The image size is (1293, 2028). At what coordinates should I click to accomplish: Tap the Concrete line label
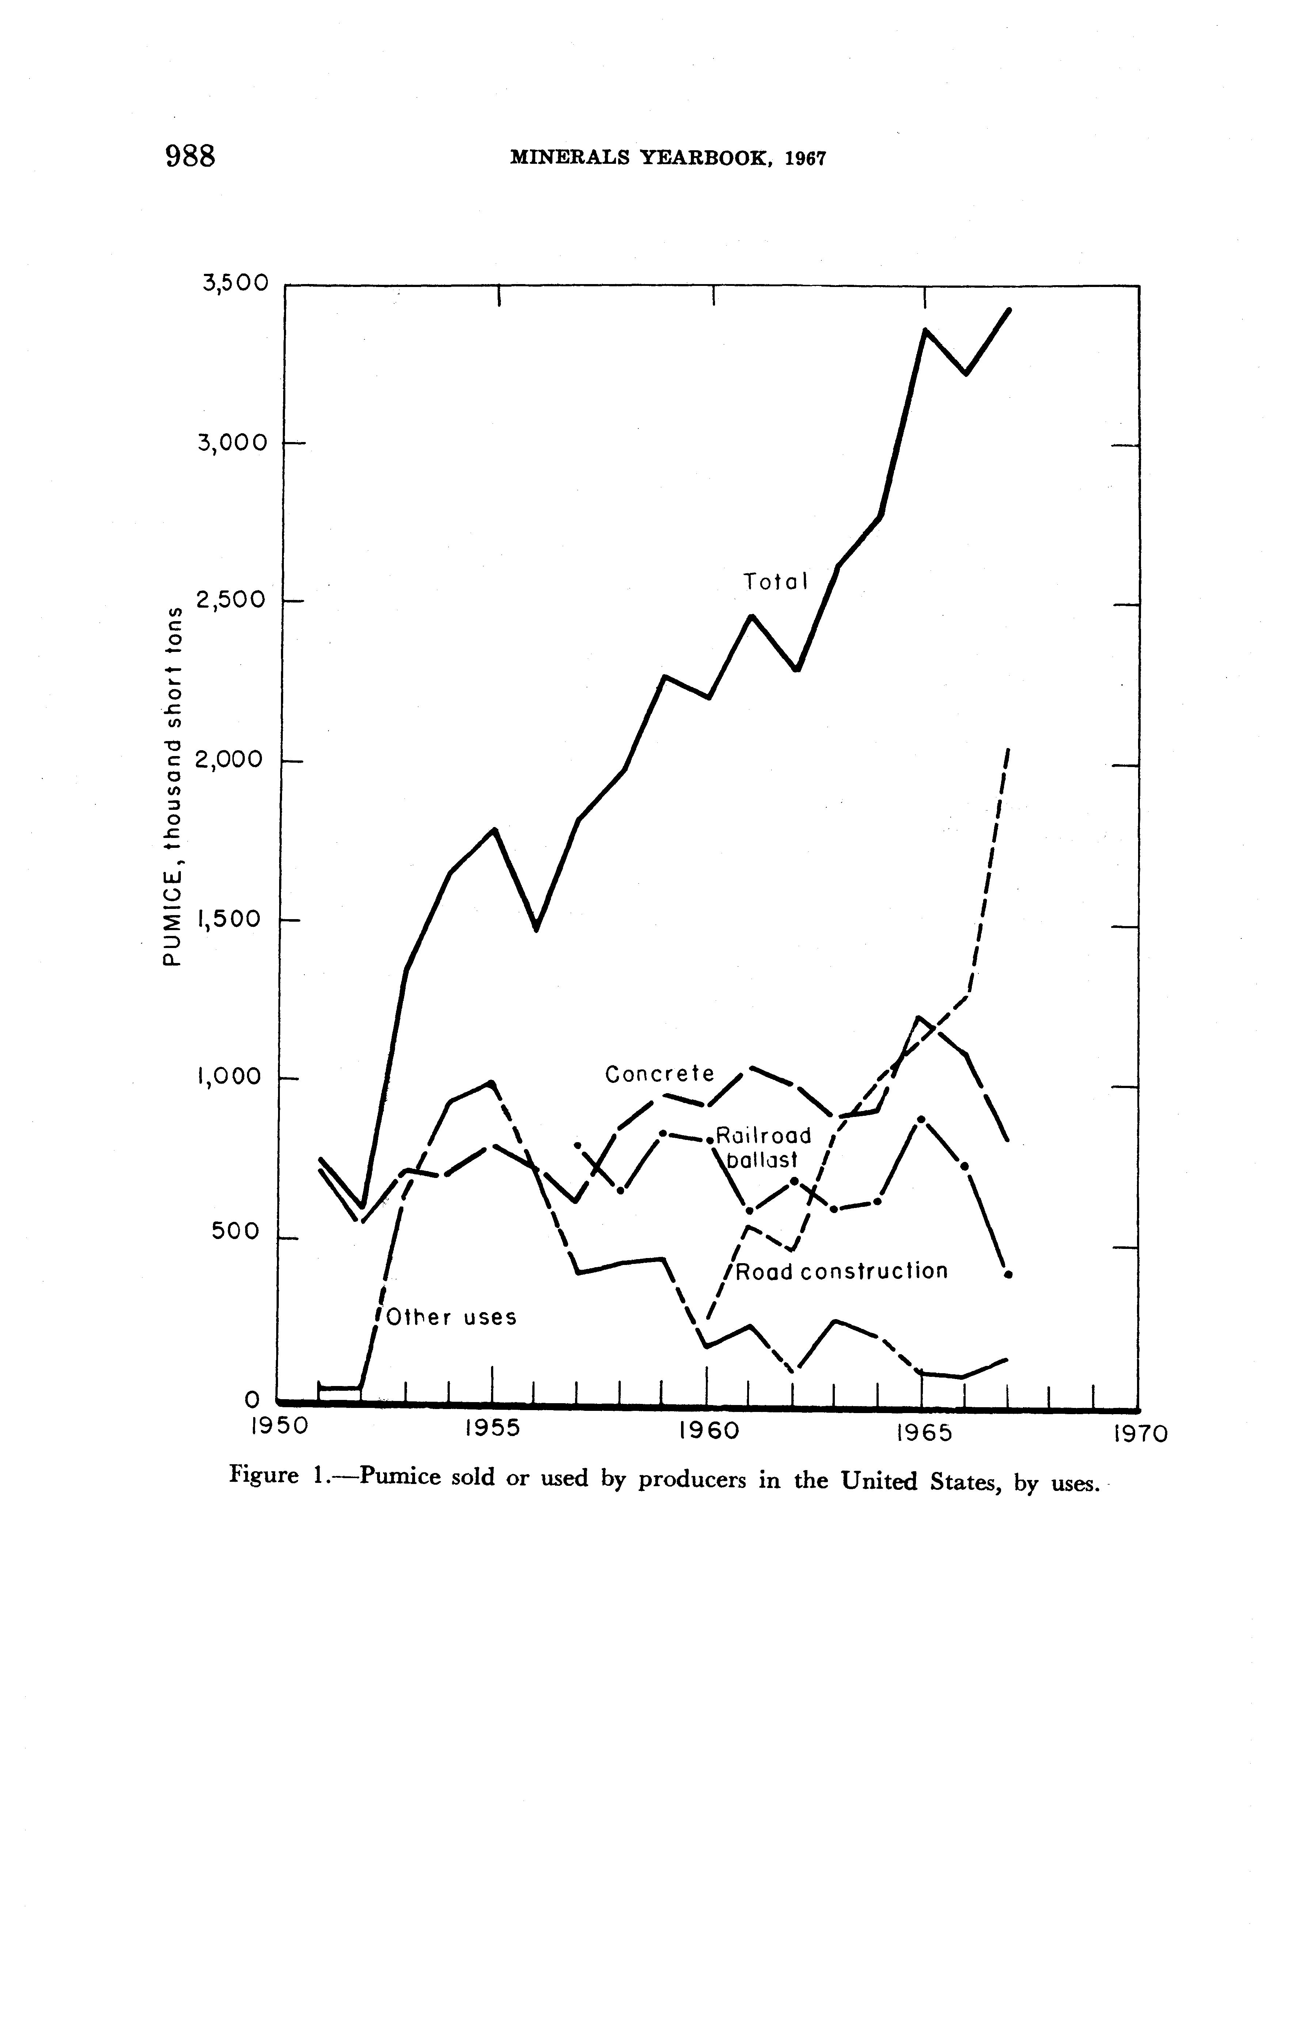[x=659, y=1075]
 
